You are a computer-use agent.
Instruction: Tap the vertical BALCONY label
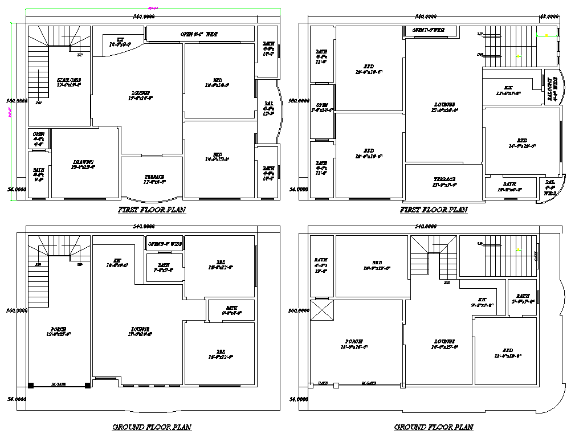coord(549,89)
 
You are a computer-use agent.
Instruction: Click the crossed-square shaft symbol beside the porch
coord(321,312)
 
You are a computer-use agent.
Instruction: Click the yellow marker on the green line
coord(547,36)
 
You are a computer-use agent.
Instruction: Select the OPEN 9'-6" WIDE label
coord(199,34)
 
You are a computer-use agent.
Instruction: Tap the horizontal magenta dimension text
coord(153,8)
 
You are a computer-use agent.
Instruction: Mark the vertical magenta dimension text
coord(10,114)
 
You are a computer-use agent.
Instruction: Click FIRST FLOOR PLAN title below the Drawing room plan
coord(151,210)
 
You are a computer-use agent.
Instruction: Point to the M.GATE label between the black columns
coord(59,384)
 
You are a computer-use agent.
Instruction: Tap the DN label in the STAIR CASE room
coord(38,103)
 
